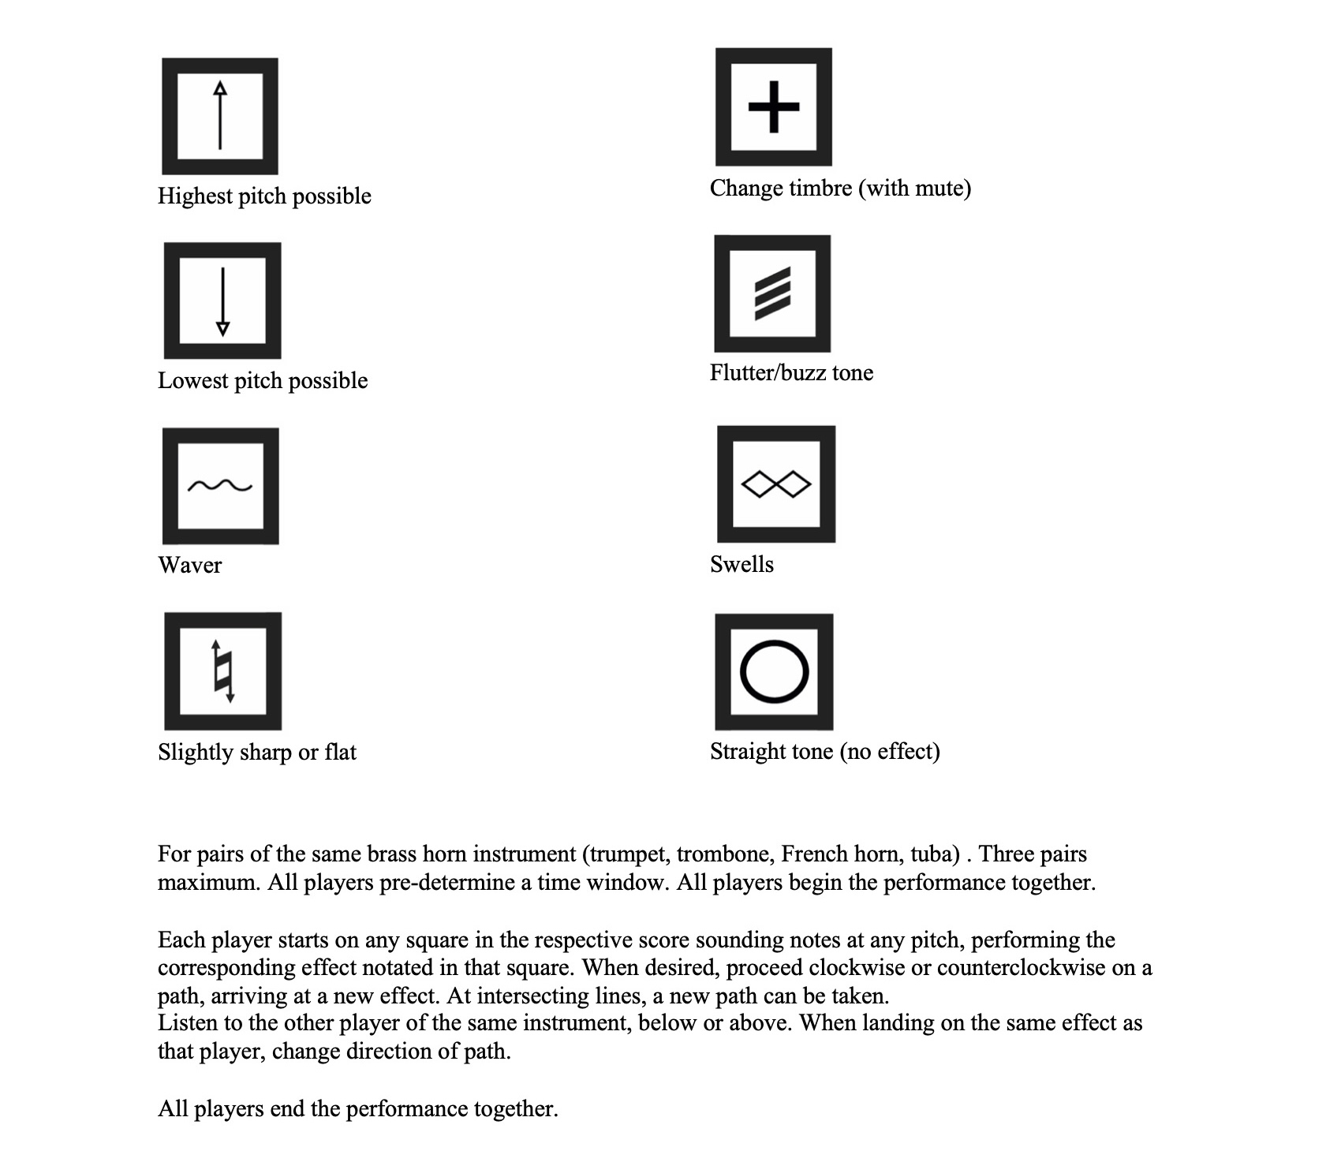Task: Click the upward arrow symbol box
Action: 220,116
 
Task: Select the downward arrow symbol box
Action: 222,301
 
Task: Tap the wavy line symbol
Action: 220,486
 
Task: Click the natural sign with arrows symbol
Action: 223,671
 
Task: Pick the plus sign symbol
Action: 774,106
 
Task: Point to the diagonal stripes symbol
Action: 772,293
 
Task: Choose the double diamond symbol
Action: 776,484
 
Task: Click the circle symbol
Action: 774,672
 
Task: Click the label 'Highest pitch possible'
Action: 264,196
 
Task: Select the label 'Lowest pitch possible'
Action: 263,380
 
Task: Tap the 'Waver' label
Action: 190,565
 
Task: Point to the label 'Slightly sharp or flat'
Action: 257,752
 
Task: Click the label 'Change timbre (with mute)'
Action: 840,188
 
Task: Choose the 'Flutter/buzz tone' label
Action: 791,372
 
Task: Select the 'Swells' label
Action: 741,564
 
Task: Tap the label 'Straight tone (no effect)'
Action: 825,751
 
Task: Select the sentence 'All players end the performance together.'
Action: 358,1109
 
